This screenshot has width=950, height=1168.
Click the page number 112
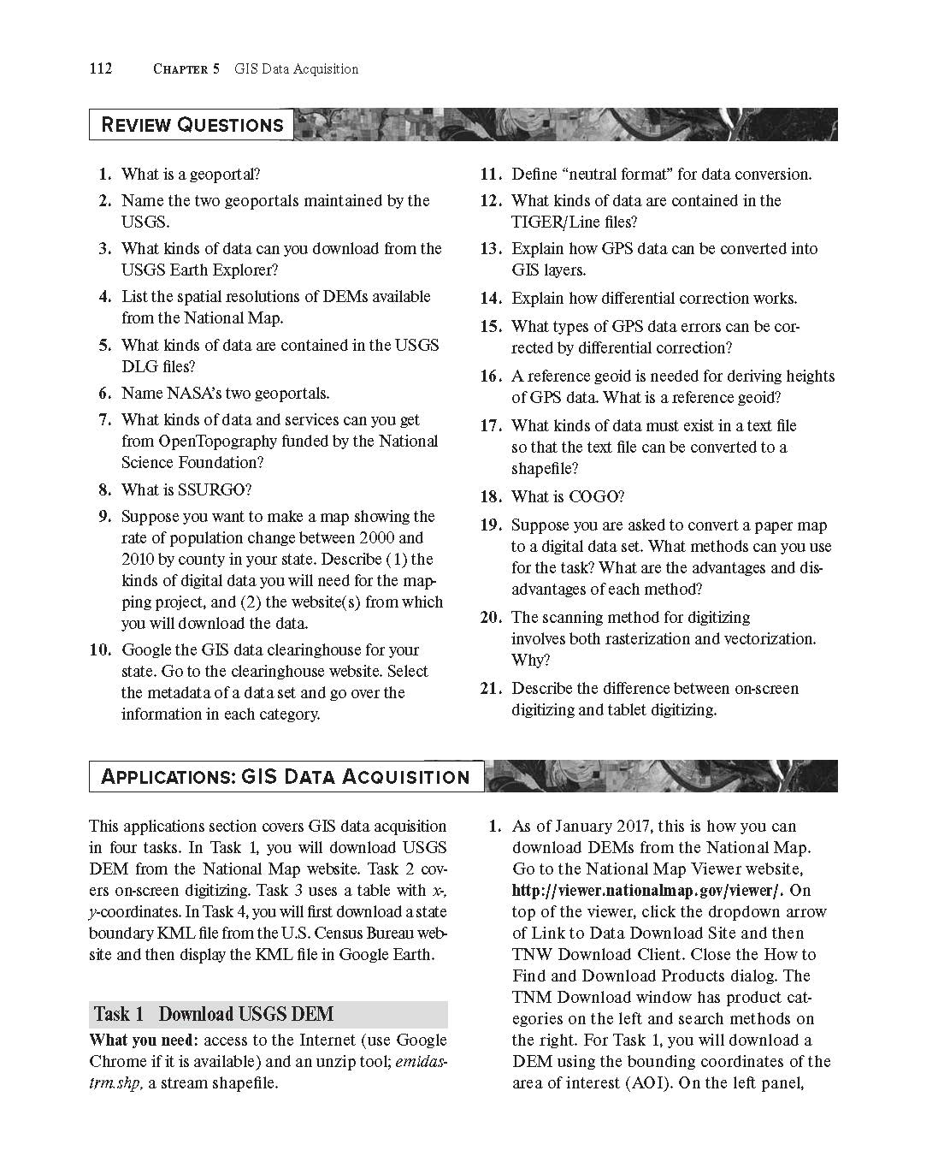[101, 69]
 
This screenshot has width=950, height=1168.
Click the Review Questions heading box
[192, 125]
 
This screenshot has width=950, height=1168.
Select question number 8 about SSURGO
[105, 490]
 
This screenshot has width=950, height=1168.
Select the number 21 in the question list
[490, 689]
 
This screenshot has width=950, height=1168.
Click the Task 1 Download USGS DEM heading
[214, 1015]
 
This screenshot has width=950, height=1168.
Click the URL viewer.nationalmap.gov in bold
[648, 891]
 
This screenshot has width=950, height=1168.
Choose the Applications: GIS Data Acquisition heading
[286, 777]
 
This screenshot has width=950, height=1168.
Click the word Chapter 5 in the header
[185, 69]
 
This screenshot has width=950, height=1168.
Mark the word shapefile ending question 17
[544, 469]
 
